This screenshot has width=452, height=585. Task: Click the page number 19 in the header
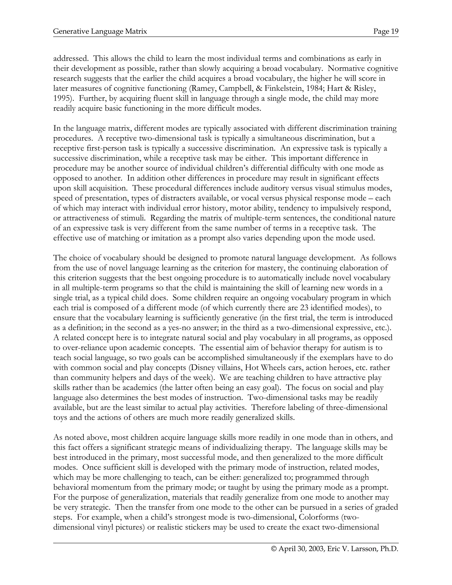click(x=395, y=32)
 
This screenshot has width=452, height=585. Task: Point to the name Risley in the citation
click(x=363, y=88)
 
